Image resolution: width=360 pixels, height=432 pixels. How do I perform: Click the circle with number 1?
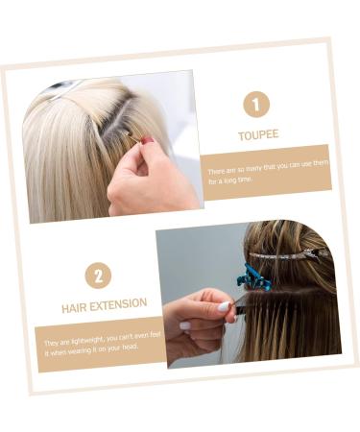click(x=256, y=104)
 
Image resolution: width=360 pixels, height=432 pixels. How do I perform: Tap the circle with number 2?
click(x=98, y=276)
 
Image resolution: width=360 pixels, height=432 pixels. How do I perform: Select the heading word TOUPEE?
click(x=258, y=135)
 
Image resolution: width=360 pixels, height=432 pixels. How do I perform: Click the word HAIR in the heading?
click(x=74, y=308)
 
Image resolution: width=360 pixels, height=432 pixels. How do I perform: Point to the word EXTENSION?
click(x=118, y=304)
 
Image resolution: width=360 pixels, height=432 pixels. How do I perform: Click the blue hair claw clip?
click(x=253, y=277)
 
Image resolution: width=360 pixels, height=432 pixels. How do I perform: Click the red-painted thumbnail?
click(x=148, y=140)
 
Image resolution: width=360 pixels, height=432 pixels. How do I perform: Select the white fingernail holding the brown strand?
click(x=224, y=306)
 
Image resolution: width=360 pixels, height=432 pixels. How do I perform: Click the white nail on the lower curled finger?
click(x=185, y=325)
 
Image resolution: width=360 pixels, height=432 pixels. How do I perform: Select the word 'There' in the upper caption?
click(x=216, y=171)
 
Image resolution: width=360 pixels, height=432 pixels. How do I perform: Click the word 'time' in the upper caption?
click(x=246, y=179)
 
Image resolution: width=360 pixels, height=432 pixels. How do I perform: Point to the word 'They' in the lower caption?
click(x=51, y=344)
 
